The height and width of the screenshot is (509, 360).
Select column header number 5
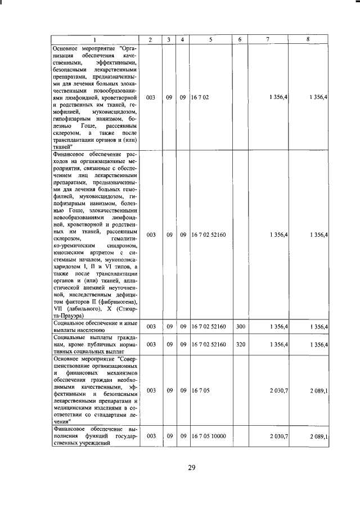(x=210, y=39)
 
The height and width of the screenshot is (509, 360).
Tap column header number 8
(x=308, y=39)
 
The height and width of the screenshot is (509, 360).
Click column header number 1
(x=94, y=39)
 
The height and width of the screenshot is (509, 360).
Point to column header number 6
(x=240, y=39)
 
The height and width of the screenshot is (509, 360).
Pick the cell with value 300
(x=240, y=327)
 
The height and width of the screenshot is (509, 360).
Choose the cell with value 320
(x=240, y=344)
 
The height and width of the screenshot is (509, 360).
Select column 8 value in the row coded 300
(x=319, y=327)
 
